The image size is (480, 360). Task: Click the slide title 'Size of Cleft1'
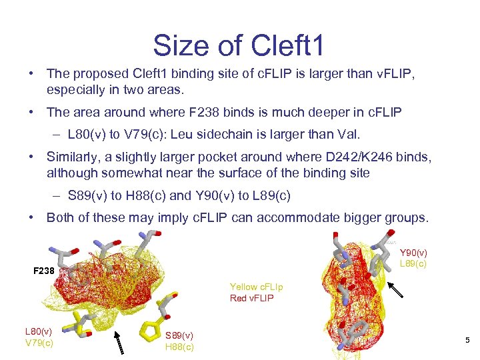click(239, 45)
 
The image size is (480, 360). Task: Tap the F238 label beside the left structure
click(44, 271)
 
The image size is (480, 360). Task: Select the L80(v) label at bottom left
click(38, 331)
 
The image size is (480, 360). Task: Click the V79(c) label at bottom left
click(38, 343)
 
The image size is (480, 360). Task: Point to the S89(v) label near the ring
click(179, 335)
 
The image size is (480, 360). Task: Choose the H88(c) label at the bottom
click(179, 347)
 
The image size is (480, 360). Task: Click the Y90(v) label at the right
click(413, 253)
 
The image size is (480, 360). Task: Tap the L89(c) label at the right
click(413, 263)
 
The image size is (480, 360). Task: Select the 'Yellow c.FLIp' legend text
click(256, 287)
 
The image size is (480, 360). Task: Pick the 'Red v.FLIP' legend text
click(251, 298)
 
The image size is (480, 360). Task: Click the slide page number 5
click(467, 341)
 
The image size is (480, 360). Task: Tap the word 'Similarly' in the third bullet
click(72, 157)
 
